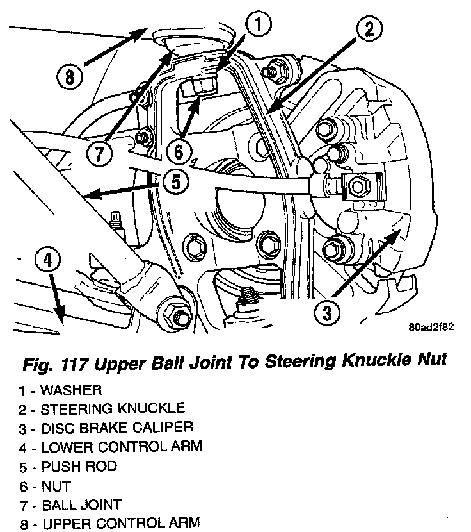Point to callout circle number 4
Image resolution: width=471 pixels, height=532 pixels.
point(48,262)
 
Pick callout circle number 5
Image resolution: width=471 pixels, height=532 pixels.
point(177,181)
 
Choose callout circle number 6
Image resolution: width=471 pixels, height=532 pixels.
point(179,152)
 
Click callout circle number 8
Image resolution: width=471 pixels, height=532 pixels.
point(68,78)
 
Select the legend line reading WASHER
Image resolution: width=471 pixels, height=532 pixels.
point(61,389)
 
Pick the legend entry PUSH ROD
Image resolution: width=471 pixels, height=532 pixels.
point(69,465)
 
